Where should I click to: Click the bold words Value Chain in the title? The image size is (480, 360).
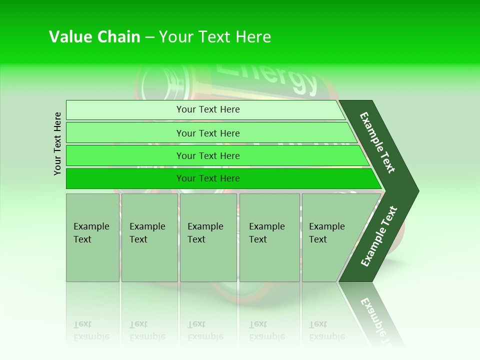(x=94, y=37)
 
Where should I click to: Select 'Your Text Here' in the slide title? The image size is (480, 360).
(x=215, y=37)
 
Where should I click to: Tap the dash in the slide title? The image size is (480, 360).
(x=149, y=37)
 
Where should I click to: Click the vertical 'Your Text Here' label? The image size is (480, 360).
(x=58, y=143)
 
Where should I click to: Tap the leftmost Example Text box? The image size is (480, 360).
(x=92, y=237)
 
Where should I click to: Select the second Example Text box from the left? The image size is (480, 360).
(x=149, y=237)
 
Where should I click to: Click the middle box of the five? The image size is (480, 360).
(x=208, y=237)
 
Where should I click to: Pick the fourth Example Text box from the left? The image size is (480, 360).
(x=269, y=237)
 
